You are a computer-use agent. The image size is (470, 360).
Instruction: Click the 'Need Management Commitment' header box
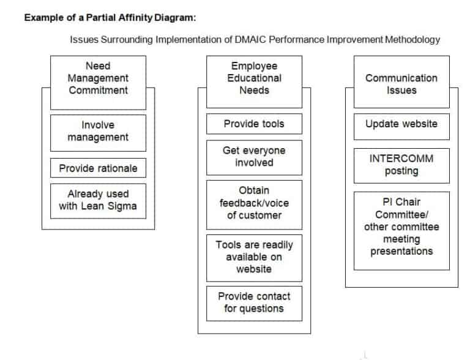pos(99,83)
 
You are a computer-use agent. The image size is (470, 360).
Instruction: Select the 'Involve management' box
pos(99,133)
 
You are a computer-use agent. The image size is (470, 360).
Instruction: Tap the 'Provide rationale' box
pos(99,168)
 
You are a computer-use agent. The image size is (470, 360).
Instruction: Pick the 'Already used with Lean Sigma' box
pos(99,201)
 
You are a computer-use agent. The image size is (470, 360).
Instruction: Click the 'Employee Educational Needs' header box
pos(254,81)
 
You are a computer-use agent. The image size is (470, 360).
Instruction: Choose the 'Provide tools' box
pos(254,124)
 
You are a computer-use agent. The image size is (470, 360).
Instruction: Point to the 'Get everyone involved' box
pos(254,157)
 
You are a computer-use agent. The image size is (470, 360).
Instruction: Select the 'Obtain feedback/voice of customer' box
pos(254,204)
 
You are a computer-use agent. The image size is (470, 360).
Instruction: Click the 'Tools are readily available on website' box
pos(254,258)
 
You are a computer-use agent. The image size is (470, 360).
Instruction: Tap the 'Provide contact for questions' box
pos(254,303)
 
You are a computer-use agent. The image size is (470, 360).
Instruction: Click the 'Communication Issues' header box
pos(401,81)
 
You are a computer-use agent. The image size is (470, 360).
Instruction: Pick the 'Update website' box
pos(401,127)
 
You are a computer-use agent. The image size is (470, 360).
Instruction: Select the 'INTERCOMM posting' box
pos(401,165)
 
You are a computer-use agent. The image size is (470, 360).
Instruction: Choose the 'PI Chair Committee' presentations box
pos(401,231)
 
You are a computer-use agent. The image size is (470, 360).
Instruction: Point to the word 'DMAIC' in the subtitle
pos(250,39)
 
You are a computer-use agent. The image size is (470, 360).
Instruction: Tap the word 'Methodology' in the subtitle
pos(412,40)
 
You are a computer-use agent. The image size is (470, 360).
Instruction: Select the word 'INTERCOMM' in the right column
pos(401,158)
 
